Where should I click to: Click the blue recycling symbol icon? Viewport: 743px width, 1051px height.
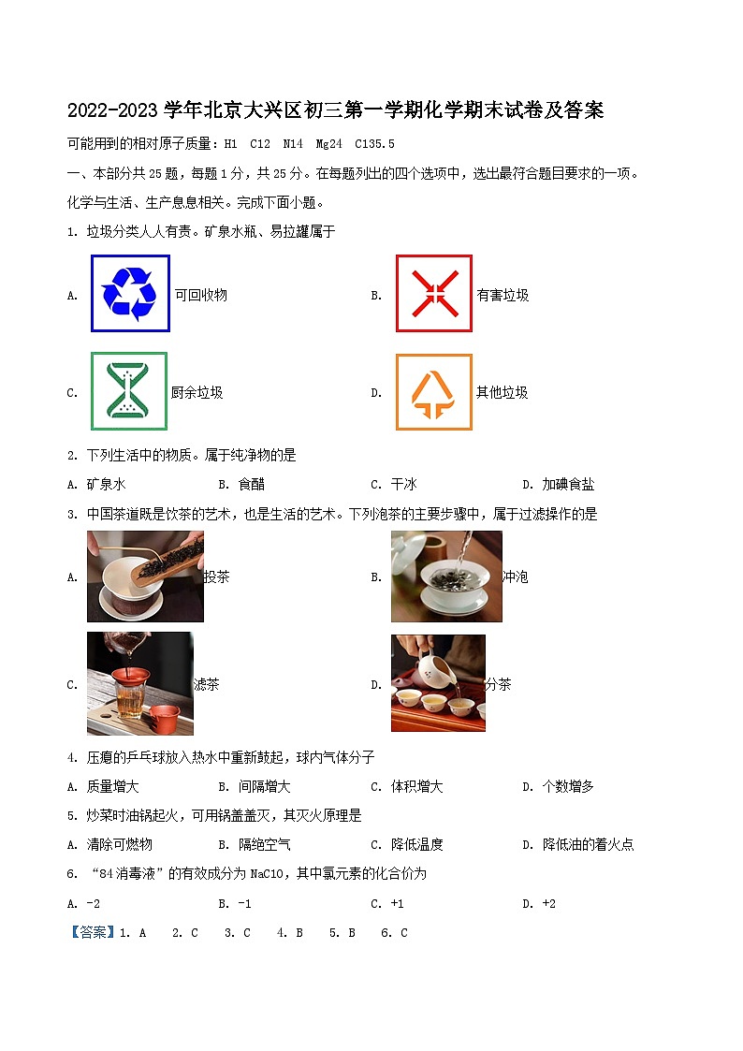click(x=130, y=293)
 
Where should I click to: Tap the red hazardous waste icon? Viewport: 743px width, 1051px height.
click(x=433, y=293)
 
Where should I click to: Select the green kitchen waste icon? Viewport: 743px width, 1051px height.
click(x=129, y=391)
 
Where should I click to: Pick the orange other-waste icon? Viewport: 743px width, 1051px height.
click(x=433, y=392)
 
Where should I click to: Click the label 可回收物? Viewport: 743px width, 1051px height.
click(x=201, y=295)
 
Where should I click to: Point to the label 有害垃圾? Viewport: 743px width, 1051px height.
click(x=503, y=295)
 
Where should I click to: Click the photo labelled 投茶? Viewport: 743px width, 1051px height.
click(x=145, y=577)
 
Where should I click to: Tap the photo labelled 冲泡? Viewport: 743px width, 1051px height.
click(x=446, y=577)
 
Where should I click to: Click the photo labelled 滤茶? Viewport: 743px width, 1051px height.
click(x=140, y=683)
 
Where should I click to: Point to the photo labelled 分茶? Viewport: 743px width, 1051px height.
click(x=438, y=683)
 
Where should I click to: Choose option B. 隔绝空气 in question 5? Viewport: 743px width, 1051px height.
click(x=255, y=844)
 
